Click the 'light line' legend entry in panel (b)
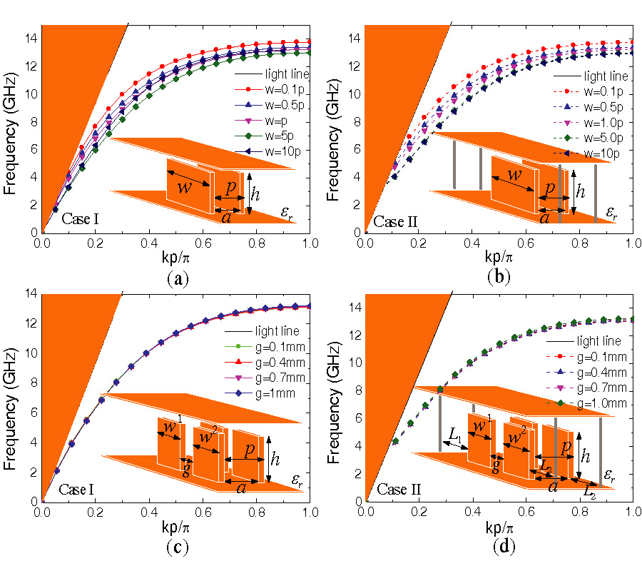[606, 76]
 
